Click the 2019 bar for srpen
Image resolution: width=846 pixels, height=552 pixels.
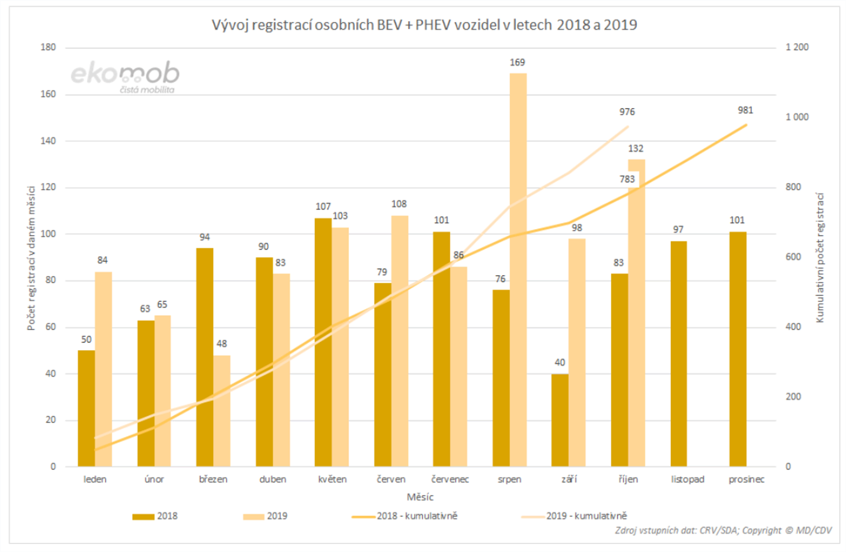point(518,270)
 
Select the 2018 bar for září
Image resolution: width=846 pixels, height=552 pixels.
point(560,420)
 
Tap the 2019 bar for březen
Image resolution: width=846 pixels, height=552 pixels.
point(222,411)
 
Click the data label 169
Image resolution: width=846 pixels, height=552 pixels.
point(517,62)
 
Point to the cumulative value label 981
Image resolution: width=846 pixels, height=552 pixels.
point(745,110)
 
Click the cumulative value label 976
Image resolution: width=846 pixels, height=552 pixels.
point(627,112)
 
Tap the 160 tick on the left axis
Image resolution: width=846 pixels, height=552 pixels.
point(48,94)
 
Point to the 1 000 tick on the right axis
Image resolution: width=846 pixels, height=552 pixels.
point(797,117)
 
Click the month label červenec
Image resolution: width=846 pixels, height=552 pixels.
point(450,479)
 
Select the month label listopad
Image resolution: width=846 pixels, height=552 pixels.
point(687,479)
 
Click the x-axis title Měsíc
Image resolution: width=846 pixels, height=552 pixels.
point(420,497)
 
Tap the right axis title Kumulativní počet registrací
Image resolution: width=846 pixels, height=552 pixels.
point(820,258)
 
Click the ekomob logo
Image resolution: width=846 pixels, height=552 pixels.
point(125,76)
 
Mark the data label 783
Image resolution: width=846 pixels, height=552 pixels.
point(627,179)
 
